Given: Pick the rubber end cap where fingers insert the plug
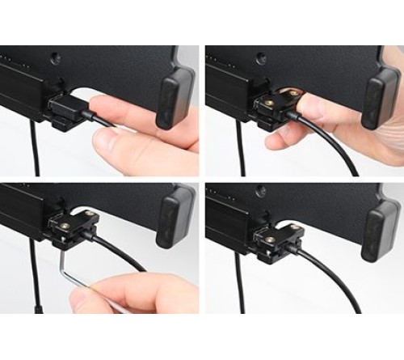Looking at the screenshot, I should [175, 97].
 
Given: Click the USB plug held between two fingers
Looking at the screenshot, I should [68, 108].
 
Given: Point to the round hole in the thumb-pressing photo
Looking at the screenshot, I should [259, 59].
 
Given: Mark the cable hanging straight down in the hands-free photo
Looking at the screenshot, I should [241, 283].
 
